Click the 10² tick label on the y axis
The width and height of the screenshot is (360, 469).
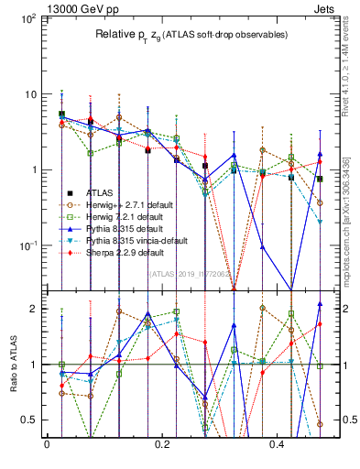[27, 19]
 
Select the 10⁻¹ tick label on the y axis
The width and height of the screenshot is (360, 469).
[27, 245]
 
